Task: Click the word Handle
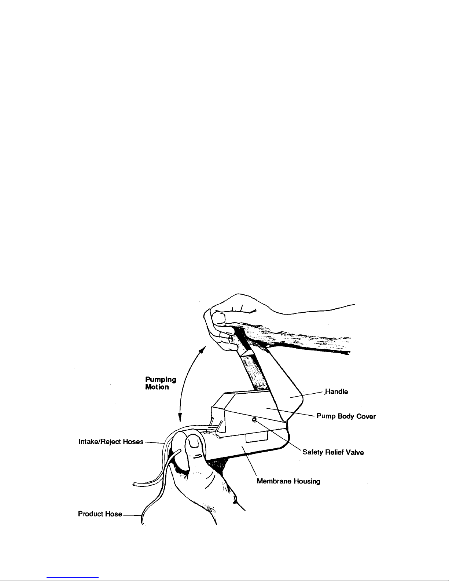click(336, 392)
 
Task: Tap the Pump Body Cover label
click(346, 416)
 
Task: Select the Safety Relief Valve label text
click(333, 452)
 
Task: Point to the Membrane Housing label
click(288, 481)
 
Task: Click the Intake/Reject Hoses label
click(111, 442)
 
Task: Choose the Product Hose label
click(100, 514)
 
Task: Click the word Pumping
click(161, 380)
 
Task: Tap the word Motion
click(157, 387)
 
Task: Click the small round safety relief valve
click(254, 419)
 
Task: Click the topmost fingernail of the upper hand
click(218, 319)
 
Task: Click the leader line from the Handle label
click(307, 395)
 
